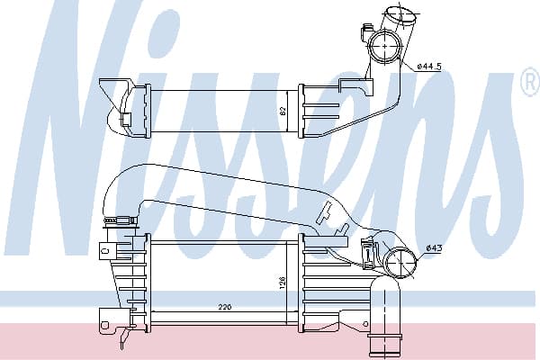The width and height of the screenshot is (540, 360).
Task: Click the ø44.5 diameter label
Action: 428,67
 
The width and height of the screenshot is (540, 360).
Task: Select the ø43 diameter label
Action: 434,247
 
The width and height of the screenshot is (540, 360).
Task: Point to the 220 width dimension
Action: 224,307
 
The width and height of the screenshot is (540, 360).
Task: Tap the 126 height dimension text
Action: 283,282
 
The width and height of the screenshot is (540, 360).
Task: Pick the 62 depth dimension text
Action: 283,111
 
